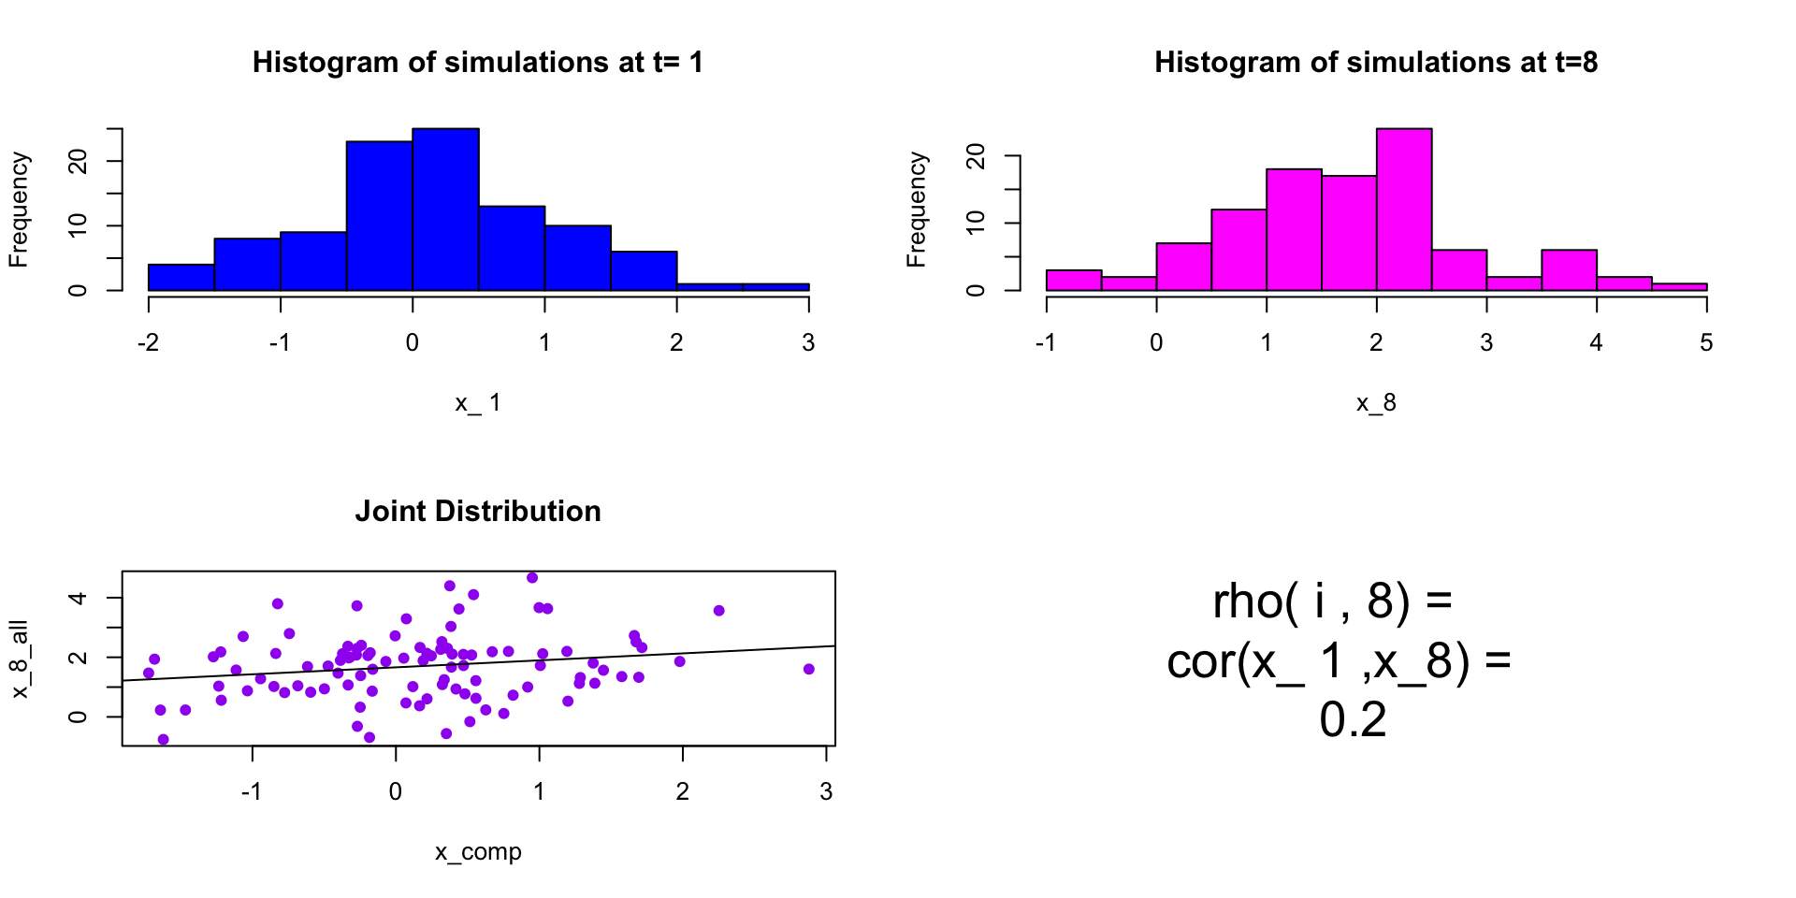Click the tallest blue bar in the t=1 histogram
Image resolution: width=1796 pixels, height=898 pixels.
445,210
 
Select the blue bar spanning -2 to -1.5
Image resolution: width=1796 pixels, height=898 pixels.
181,278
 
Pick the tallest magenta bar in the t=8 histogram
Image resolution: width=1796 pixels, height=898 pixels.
1404,210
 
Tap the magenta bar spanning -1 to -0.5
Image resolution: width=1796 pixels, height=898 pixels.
1074,281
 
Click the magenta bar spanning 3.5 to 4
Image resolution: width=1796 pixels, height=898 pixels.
1569,270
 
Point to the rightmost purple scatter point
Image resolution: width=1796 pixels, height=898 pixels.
809,669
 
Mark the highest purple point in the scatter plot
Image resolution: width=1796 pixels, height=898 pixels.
532,578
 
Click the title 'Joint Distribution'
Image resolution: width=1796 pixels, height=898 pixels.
478,511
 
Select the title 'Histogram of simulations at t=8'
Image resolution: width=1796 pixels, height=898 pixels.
1376,62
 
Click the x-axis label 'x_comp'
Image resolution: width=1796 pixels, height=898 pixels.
478,852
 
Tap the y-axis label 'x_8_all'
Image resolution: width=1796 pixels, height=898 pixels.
20,659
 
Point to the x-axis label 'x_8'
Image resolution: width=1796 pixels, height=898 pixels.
1376,403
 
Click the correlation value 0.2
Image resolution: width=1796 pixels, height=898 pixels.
1353,720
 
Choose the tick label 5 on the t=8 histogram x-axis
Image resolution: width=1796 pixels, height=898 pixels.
1706,343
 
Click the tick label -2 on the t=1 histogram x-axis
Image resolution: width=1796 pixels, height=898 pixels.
148,343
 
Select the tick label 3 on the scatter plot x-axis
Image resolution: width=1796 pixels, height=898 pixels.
826,792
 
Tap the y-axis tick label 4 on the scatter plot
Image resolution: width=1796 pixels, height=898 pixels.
79,598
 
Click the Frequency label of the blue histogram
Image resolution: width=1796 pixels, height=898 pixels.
19,210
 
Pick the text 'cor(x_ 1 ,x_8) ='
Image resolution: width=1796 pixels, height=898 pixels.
1339,661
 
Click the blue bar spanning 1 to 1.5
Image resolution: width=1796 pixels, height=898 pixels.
578,258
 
